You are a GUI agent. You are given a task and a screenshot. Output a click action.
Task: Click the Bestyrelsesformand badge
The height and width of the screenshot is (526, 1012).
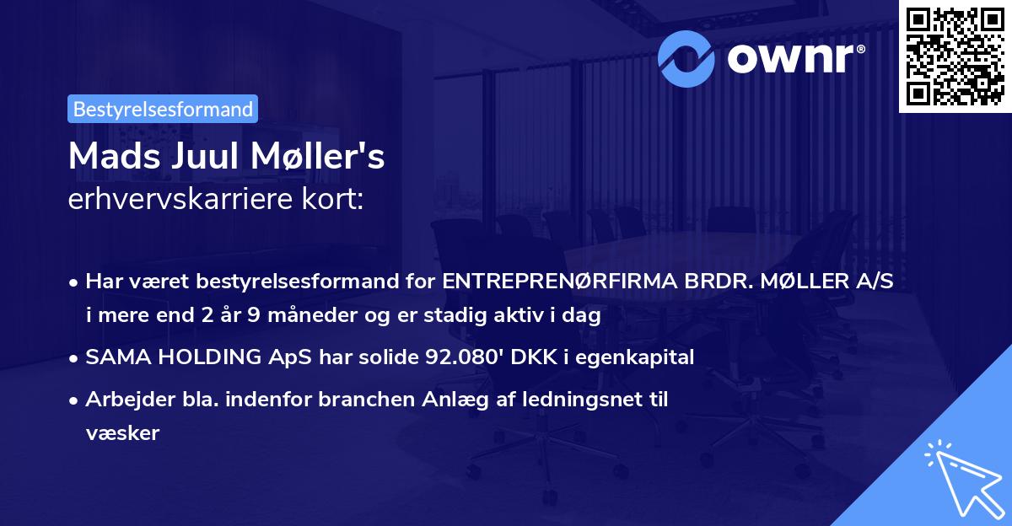click(163, 109)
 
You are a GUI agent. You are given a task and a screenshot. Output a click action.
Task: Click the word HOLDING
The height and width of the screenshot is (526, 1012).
click(197, 357)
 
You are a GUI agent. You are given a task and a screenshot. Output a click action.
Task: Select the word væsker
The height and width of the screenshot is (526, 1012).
click(122, 432)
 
